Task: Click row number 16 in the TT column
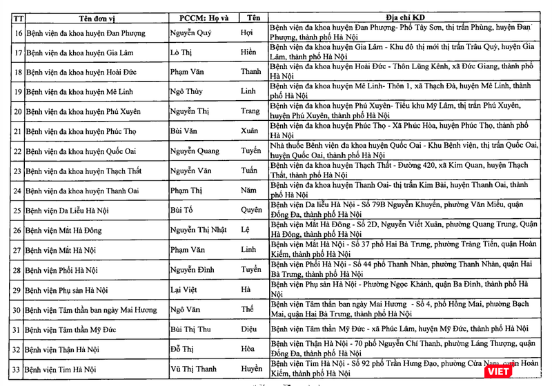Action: [x=18, y=32]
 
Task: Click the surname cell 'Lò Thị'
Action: [x=181, y=52]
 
